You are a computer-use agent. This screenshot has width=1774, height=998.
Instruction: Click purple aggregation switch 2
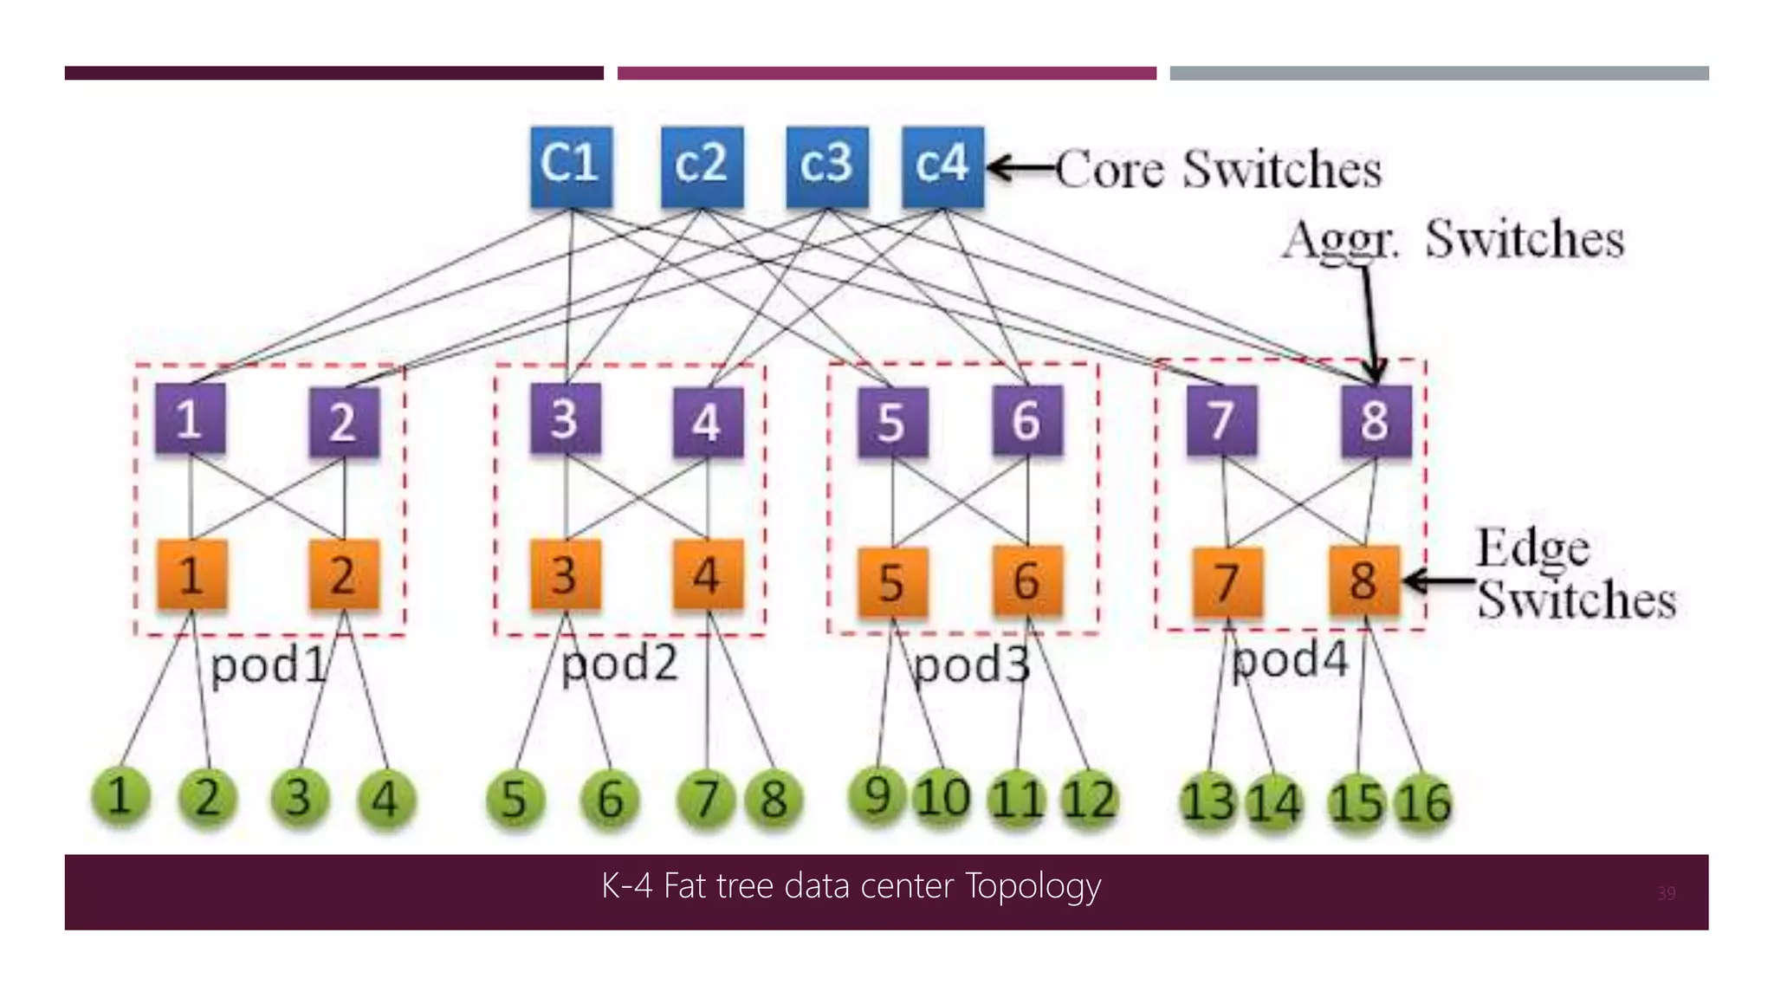click(x=344, y=422)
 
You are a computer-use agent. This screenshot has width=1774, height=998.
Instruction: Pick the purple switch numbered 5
click(x=892, y=422)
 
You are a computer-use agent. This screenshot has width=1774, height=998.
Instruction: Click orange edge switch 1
click(x=191, y=575)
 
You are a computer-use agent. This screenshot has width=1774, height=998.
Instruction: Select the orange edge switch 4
click(x=708, y=575)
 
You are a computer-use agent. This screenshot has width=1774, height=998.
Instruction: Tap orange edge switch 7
click(x=1227, y=581)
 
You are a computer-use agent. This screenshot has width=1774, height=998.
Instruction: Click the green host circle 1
click(x=120, y=796)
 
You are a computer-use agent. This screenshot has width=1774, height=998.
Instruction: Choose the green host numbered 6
click(x=610, y=799)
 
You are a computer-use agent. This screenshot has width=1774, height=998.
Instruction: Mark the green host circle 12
click(x=1089, y=799)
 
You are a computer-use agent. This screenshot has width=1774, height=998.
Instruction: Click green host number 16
click(x=1422, y=802)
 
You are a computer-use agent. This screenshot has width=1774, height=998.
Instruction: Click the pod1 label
click(x=269, y=666)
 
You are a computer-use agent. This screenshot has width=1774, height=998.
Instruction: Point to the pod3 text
click(x=972, y=666)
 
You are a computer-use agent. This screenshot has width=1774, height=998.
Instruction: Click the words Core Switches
click(x=1218, y=169)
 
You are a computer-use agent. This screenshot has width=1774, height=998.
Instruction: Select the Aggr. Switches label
click(x=1453, y=239)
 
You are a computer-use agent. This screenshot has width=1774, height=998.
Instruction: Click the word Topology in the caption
click(x=1032, y=887)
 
